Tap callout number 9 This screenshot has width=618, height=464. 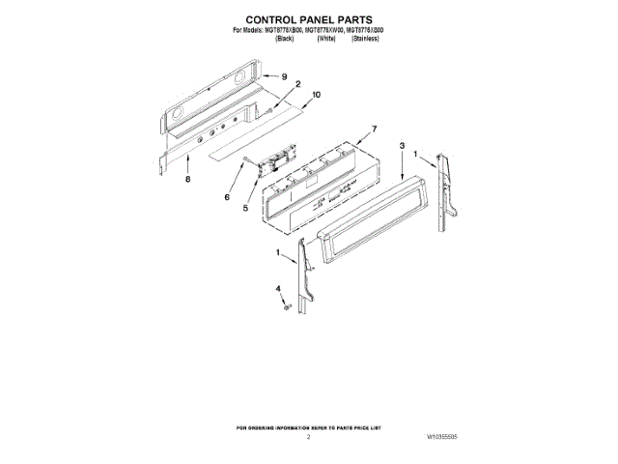point(285,75)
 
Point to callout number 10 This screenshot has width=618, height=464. point(316,95)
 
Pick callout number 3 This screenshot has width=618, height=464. point(401,145)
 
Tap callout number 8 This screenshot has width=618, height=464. point(187,180)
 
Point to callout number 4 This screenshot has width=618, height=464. point(278,289)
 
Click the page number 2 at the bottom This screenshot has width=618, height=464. point(309,438)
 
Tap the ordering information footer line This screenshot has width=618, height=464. point(309,426)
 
